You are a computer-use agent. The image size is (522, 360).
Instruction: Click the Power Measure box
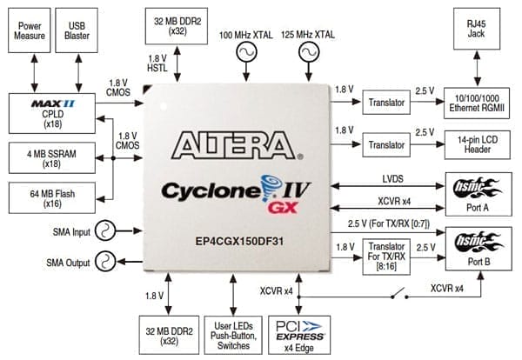tap(31, 31)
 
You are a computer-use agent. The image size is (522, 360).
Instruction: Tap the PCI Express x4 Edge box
tap(298, 334)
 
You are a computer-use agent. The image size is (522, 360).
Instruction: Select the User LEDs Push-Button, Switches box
tap(232, 334)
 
